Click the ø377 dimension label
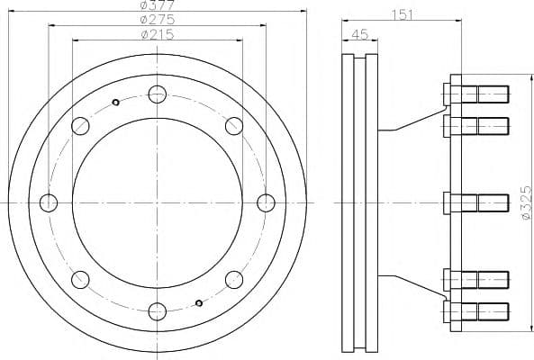(158, 4)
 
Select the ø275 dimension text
(158, 20)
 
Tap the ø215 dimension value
(158, 34)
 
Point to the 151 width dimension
(402, 14)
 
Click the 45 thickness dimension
(359, 34)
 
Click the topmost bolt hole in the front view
(158, 94)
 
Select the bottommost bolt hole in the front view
(158, 311)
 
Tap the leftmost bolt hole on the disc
(49, 202)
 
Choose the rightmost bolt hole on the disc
(266, 202)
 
